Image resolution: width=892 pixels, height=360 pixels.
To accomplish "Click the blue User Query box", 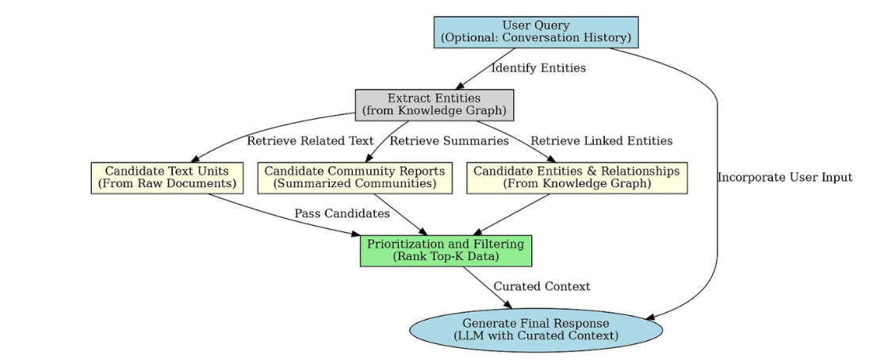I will (x=535, y=33).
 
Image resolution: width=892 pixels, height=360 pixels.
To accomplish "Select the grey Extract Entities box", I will (x=434, y=105).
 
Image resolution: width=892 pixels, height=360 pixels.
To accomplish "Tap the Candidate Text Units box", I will (x=167, y=178).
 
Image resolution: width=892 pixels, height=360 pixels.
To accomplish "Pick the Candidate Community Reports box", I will (x=354, y=178).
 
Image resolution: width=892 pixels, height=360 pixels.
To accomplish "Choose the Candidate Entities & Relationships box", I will (x=576, y=178).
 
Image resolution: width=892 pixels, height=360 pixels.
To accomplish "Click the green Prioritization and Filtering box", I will (x=446, y=251).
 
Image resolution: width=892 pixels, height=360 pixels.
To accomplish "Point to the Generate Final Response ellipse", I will (x=536, y=329).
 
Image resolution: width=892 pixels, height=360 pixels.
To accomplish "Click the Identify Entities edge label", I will (x=538, y=68).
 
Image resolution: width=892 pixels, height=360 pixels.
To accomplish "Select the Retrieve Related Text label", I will (x=310, y=141).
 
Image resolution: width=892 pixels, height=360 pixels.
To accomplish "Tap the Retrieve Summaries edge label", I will (x=449, y=141).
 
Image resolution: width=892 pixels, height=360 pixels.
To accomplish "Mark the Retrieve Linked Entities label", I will (x=601, y=141).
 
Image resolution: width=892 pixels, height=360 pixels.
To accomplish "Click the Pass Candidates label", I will (x=342, y=214).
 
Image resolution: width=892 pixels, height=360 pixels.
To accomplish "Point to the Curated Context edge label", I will (x=542, y=286).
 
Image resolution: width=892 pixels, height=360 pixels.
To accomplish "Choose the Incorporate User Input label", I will (x=785, y=178).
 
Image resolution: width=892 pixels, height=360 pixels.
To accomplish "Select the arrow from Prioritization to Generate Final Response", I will (x=488, y=288).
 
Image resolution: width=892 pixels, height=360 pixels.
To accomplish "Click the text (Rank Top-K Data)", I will (x=446, y=257).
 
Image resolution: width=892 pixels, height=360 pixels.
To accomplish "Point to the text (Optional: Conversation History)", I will (x=535, y=38).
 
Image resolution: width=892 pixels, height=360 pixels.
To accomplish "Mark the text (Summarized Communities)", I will (x=354, y=184).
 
